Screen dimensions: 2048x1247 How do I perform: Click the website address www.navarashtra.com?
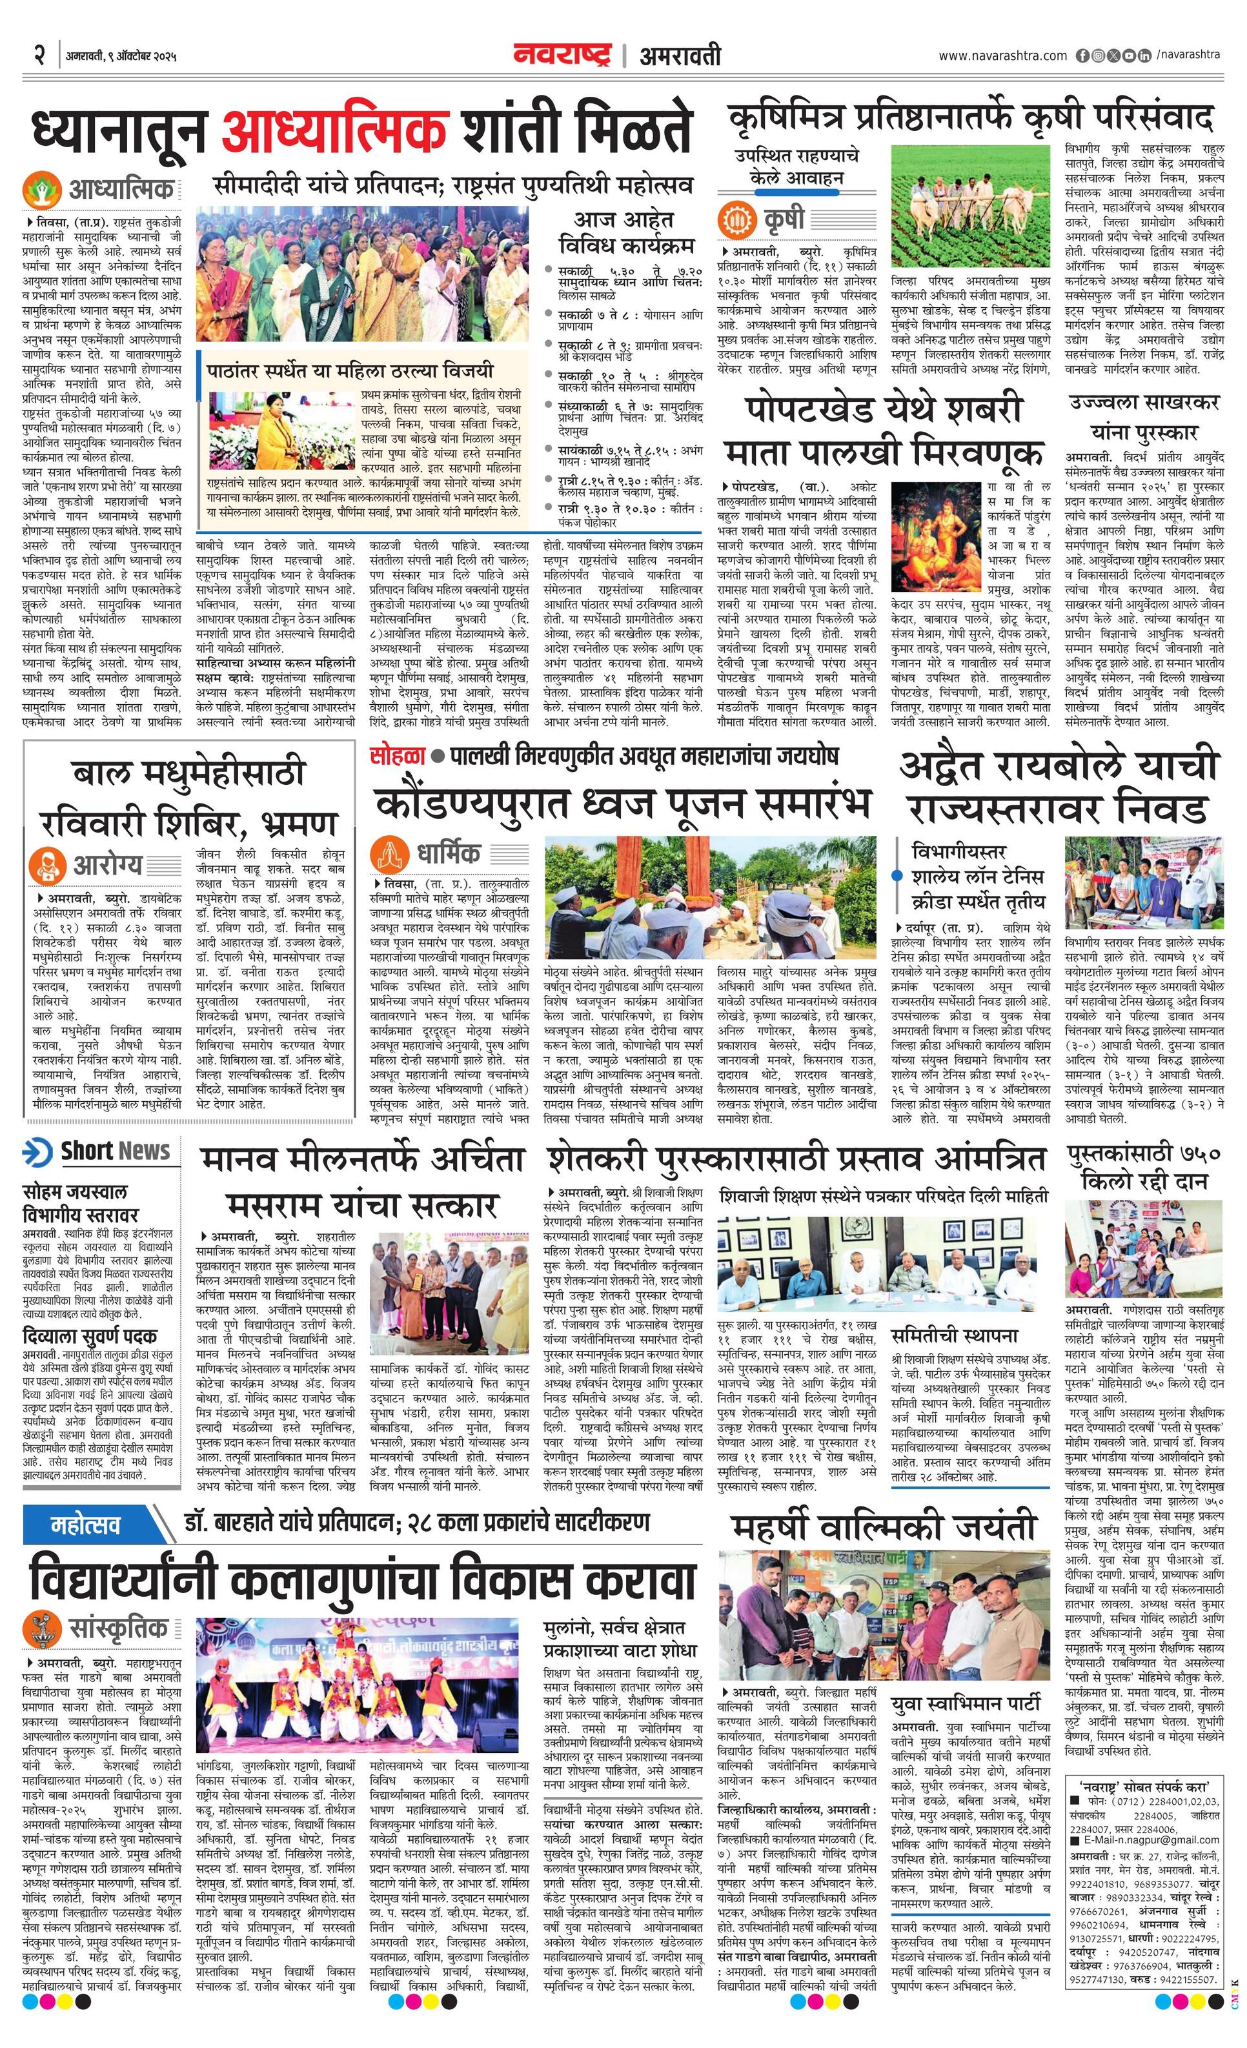(1002, 56)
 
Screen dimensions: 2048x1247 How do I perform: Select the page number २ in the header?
(38, 56)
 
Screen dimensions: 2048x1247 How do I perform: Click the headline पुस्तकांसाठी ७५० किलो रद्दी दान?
(1144, 1167)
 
